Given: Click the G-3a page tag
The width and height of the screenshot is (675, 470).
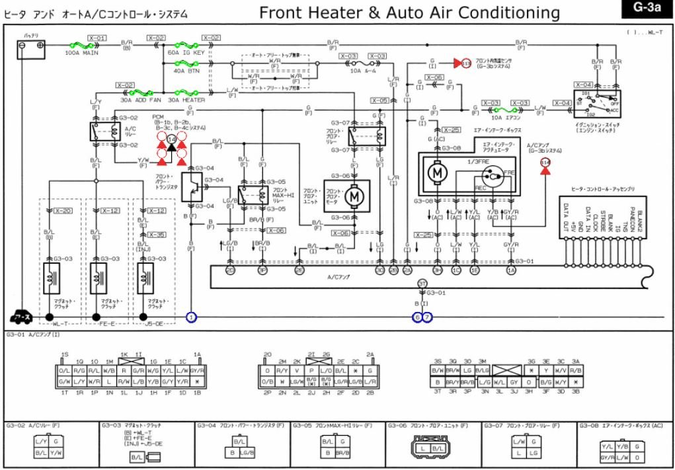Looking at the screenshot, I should tap(647, 8).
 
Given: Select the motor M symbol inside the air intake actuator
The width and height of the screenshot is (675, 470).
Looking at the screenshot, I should tap(437, 173).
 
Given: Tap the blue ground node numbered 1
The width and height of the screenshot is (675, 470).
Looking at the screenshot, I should tap(192, 317).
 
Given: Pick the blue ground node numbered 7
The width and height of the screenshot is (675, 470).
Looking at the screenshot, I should tap(427, 317).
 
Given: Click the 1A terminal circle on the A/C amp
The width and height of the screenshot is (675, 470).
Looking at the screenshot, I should tap(511, 270).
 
